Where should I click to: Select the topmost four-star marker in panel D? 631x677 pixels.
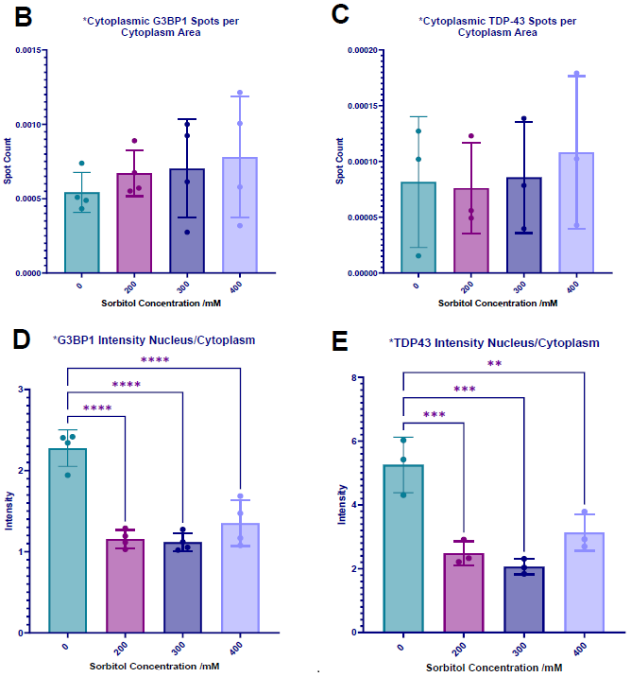pyautogui.click(x=154, y=360)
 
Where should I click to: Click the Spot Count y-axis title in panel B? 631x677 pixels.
pyautogui.click(x=8, y=161)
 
